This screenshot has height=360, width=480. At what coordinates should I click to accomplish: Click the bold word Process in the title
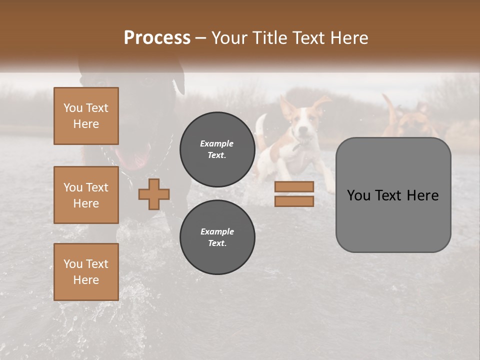157,37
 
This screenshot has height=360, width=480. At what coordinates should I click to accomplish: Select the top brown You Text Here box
86,116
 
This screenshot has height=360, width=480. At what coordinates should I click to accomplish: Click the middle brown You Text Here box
86,195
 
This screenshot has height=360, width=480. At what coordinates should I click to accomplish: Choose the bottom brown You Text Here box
86,272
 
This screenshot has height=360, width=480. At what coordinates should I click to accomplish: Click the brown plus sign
154,194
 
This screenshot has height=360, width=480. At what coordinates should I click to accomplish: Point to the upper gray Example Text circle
217,149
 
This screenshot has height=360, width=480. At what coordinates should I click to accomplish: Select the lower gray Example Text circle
217,237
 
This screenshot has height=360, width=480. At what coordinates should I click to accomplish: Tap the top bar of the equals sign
294,187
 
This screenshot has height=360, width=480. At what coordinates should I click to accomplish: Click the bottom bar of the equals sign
294,201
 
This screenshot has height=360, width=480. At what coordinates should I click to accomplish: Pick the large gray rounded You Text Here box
393,195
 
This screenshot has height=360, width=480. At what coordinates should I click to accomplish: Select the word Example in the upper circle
217,143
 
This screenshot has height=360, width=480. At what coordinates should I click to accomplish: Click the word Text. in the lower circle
217,243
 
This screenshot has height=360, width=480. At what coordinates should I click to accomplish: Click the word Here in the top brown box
86,124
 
